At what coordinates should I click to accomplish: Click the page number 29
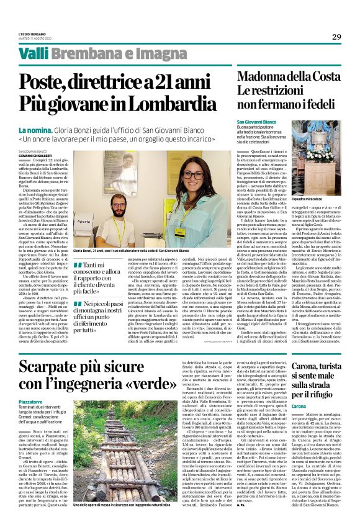tap(336, 37)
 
